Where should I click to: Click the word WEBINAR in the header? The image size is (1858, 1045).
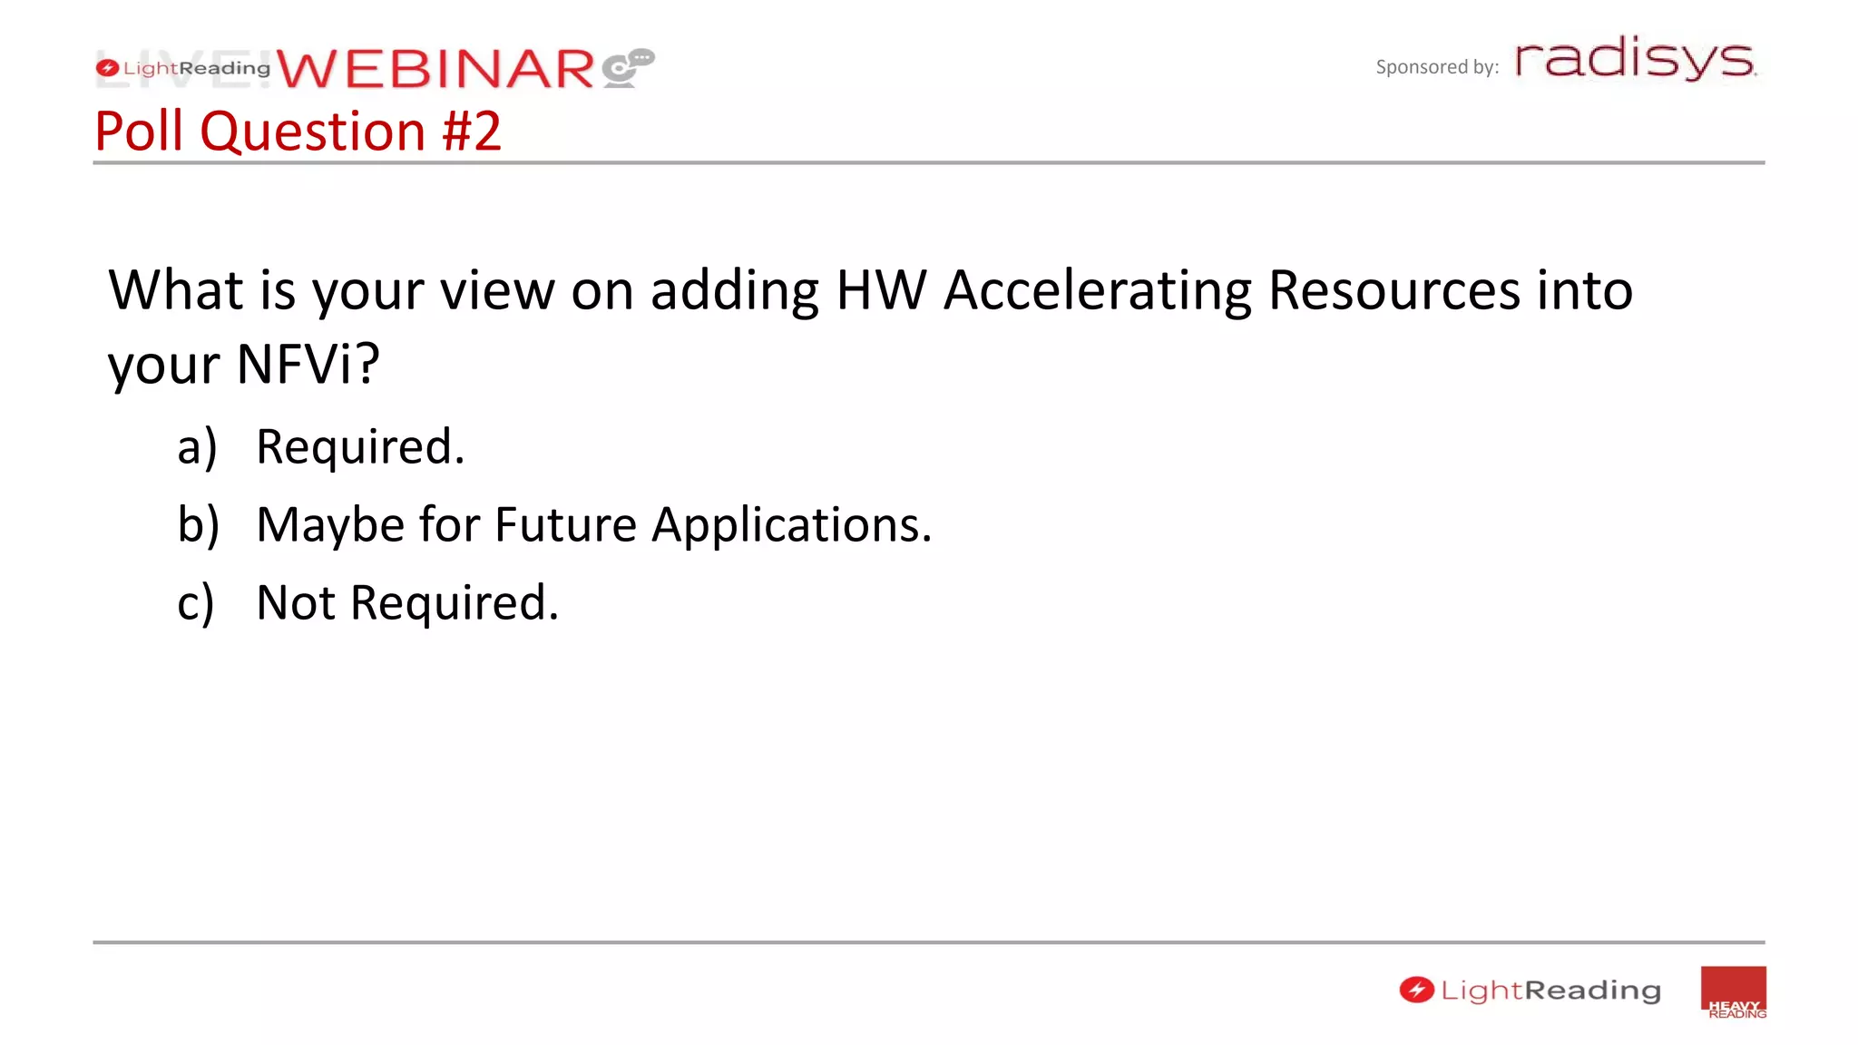click(x=435, y=70)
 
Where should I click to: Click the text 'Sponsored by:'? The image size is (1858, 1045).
click(x=1436, y=67)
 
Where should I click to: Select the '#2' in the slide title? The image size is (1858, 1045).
click(x=471, y=132)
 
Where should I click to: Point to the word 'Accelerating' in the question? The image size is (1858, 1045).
click(x=1097, y=291)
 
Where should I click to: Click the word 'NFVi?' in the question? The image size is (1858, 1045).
click(x=308, y=365)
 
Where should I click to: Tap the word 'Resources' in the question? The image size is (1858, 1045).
click(x=1393, y=291)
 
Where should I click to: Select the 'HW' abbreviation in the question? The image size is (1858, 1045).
click(x=880, y=291)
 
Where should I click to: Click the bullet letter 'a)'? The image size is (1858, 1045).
click(x=197, y=447)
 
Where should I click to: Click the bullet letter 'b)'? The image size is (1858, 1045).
click(x=198, y=525)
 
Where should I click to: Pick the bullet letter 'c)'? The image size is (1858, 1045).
click(x=196, y=603)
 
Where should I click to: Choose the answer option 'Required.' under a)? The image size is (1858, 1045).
click(x=360, y=447)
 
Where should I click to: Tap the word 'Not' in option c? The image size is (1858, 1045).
click(x=296, y=603)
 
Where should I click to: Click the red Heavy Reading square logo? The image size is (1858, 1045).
click(x=1733, y=992)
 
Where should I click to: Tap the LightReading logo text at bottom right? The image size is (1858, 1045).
click(x=1550, y=991)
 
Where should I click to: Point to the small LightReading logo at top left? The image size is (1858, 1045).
click(x=183, y=68)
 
